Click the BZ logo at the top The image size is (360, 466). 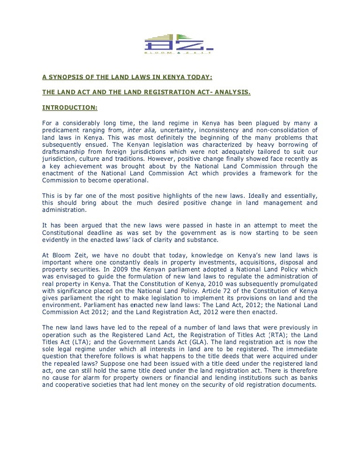click(179, 44)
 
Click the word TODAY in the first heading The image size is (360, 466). click(199, 77)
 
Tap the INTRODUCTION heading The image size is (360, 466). click(70, 107)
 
